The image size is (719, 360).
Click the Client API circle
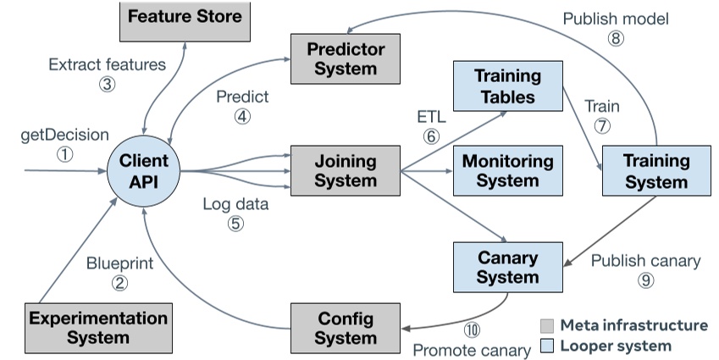(x=144, y=171)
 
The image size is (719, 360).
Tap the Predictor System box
(x=345, y=58)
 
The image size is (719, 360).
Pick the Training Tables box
(x=508, y=86)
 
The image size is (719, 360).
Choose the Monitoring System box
(x=508, y=169)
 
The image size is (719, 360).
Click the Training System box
(x=656, y=170)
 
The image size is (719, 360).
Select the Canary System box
(x=507, y=265)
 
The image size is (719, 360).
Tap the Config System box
(x=345, y=327)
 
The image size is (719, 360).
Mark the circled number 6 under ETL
(x=431, y=134)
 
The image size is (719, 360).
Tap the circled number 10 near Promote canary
(x=472, y=330)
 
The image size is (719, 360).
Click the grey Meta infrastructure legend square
(x=547, y=325)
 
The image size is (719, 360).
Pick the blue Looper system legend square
(x=547, y=346)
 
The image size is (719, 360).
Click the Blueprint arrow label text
(x=119, y=263)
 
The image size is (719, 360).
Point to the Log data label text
(x=235, y=204)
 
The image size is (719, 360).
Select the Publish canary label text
(x=645, y=260)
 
